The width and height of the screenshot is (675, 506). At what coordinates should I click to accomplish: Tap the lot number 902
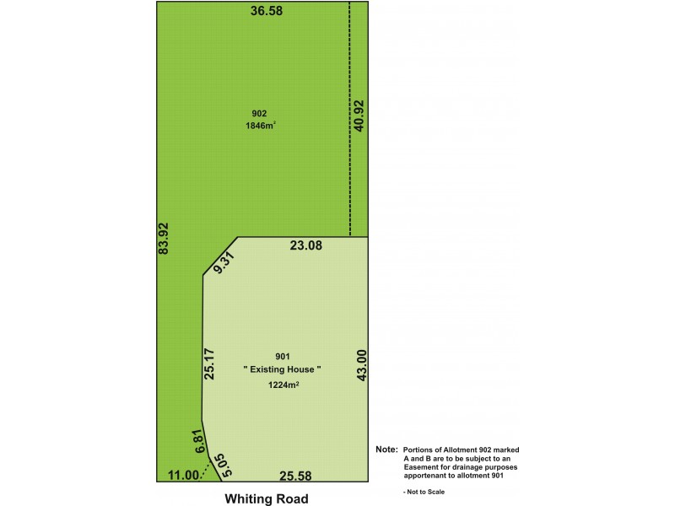click(x=260, y=113)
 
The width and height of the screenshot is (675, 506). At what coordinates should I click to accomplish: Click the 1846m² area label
click(x=260, y=126)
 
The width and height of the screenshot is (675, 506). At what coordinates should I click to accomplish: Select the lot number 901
click(x=283, y=355)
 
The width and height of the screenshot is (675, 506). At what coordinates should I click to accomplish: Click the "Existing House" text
click(x=283, y=369)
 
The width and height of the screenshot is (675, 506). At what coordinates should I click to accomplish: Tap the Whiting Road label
click(x=266, y=498)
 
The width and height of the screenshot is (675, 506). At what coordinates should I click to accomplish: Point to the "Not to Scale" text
click(x=427, y=491)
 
